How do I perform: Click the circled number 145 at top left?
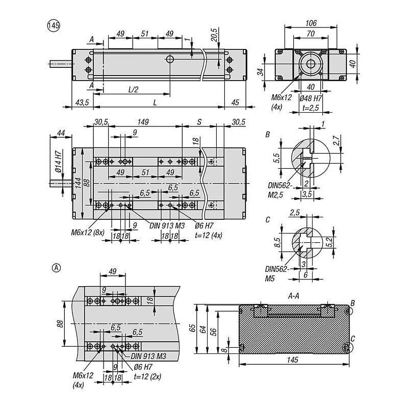(x=54, y=26)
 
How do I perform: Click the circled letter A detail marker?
(x=57, y=268)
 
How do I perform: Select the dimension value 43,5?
(x=82, y=103)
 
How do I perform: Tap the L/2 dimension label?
(x=133, y=90)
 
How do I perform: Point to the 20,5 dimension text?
(x=214, y=34)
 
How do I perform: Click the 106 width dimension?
(x=311, y=23)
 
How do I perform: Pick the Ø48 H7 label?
(x=311, y=98)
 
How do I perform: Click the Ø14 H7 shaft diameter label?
(x=59, y=162)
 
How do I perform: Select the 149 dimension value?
(x=143, y=122)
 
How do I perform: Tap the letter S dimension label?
(x=199, y=122)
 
